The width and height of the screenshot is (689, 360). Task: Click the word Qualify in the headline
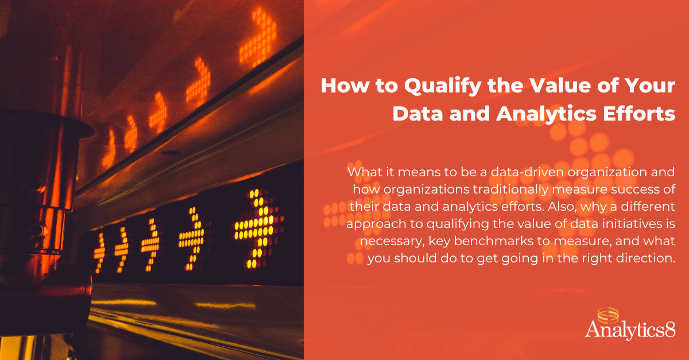click(x=443, y=87)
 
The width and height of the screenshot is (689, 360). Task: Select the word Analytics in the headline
click(x=546, y=114)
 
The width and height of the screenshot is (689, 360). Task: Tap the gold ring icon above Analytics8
click(x=608, y=316)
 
